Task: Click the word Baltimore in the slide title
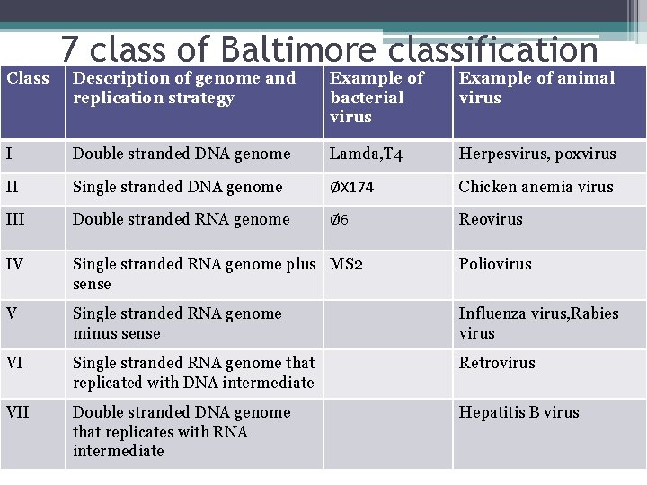pyautogui.click(x=297, y=49)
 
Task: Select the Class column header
pyautogui.click(x=28, y=78)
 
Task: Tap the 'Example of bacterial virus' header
pyautogui.click(x=377, y=97)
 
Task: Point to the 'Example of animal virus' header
pyautogui.click(x=536, y=88)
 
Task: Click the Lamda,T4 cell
pyautogui.click(x=366, y=154)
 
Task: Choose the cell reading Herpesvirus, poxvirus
pyautogui.click(x=537, y=154)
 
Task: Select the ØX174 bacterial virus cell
pyautogui.click(x=351, y=188)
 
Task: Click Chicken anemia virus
pyautogui.click(x=536, y=187)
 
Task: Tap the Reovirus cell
pyautogui.click(x=490, y=219)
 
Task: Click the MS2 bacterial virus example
pyautogui.click(x=347, y=264)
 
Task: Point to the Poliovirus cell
pyautogui.click(x=495, y=264)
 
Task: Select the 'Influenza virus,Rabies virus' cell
pyautogui.click(x=538, y=323)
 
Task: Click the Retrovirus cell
pyautogui.click(x=497, y=363)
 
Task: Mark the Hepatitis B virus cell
pyautogui.click(x=518, y=412)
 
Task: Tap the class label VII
pyautogui.click(x=17, y=412)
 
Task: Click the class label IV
pyautogui.click(x=14, y=264)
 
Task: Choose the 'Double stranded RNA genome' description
pyautogui.click(x=181, y=219)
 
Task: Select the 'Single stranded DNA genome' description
pyautogui.click(x=177, y=187)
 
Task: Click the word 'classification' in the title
pyautogui.click(x=492, y=49)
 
